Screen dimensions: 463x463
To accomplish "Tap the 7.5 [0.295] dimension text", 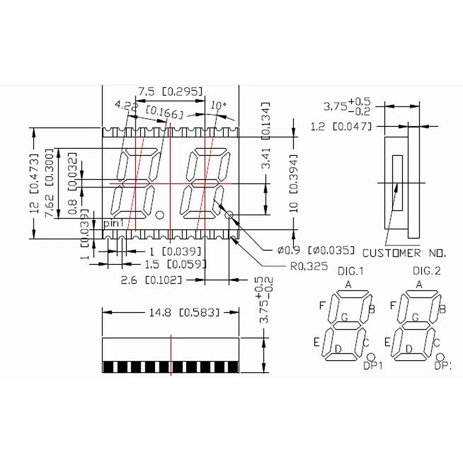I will [x=171, y=92].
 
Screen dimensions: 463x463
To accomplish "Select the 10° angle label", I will [x=219, y=106].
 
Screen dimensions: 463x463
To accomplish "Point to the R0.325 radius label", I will [x=309, y=266].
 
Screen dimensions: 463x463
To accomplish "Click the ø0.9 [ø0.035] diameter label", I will [x=316, y=250].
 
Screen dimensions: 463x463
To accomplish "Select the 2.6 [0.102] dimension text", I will [x=151, y=280].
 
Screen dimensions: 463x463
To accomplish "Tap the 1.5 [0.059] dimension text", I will [x=175, y=264].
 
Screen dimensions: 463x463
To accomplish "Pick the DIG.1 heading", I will [x=351, y=271].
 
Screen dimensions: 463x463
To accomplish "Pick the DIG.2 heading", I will [x=426, y=271].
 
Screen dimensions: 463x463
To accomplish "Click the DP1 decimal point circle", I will [x=371, y=357].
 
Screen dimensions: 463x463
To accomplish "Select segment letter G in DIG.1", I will [x=344, y=317].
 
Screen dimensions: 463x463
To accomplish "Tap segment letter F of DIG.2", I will [x=392, y=305].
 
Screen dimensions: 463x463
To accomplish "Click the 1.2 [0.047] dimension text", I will [x=341, y=127].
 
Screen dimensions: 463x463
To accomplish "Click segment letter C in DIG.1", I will [x=366, y=342].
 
